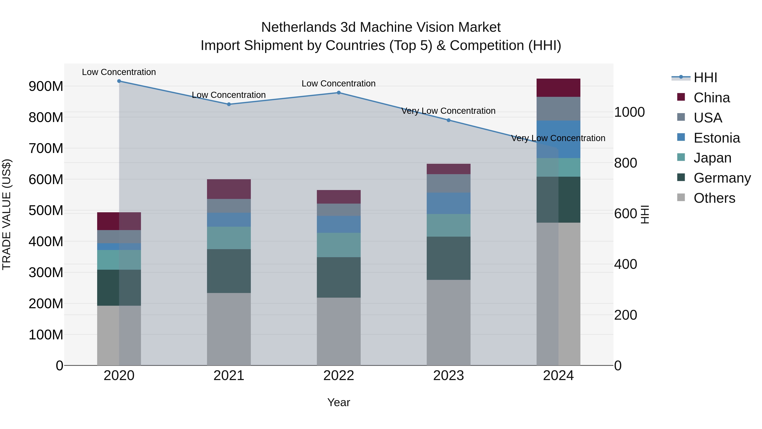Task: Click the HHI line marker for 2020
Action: click(x=119, y=81)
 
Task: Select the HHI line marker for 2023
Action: click(x=449, y=120)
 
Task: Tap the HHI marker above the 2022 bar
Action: click(x=339, y=93)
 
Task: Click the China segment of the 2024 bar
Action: click(x=558, y=88)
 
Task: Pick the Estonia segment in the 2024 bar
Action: click(x=558, y=139)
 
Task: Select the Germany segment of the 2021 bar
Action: click(x=229, y=271)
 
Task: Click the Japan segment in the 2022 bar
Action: click(x=339, y=245)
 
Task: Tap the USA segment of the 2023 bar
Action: click(x=449, y=183)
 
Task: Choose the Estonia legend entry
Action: click(x=716, y=138)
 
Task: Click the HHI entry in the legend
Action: click(x=705, y=78)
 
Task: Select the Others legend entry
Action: click(x=714, y=198)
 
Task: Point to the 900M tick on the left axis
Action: click(x=46, y=86)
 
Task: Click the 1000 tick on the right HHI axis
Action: click(x=629, y=112)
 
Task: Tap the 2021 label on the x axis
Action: click(x=229, y=376)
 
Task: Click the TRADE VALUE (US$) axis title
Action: click(x=7, y=214)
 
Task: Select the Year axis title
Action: click(x=338, y=402)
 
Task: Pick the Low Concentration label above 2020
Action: click(x=119, y=72)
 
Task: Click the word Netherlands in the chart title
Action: click(x=298, y=27)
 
